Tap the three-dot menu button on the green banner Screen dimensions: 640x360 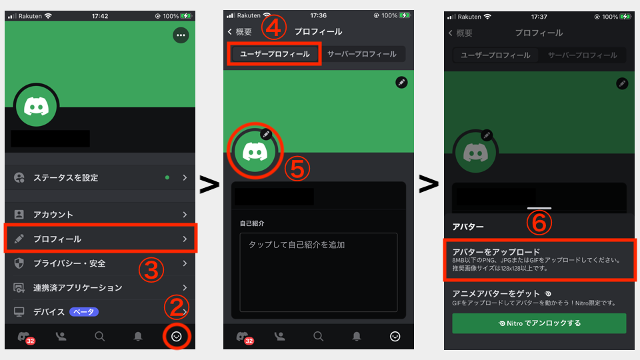(x=181, y=35)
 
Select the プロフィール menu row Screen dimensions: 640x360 (x=101, y=239)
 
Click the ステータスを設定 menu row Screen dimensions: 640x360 (x=100, y=177)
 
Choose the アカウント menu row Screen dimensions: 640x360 (x=100, y=214)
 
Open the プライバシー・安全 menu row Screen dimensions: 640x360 (x=100, y=263)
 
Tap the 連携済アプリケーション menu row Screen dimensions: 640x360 (x=100, y=288)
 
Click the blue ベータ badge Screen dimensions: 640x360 (x=84, y=312)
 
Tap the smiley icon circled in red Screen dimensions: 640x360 (x=177, y=336)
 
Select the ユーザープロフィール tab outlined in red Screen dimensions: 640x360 (x=274, y=54)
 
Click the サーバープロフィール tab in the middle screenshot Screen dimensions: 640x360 (x=361, y=54)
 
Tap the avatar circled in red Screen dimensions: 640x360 (x=255, y=151)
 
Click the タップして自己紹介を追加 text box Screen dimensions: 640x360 (x=319, y=272)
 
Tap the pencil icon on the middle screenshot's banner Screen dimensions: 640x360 (x=401, y=83)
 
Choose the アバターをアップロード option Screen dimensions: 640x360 (x=539, y=259)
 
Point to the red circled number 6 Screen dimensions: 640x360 (x=539, y=223)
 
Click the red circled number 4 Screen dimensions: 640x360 (x=273, y=27)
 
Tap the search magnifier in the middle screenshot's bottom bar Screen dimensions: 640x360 (x=319, y=336)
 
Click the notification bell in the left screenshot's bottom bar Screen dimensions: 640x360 (x=138, y=336)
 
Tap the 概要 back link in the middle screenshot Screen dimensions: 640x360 (x=240, y=32)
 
